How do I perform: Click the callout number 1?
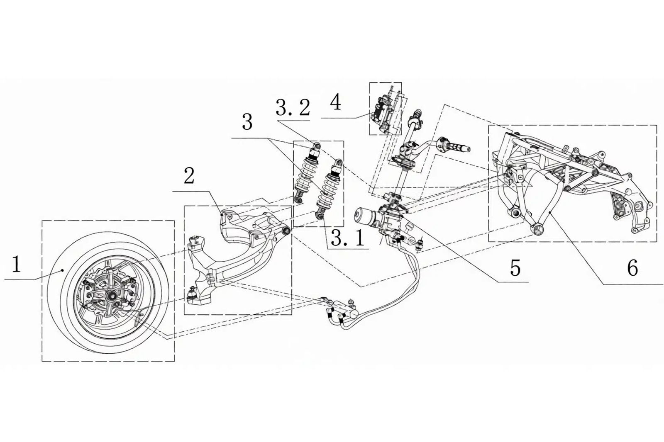(x=16, y=265)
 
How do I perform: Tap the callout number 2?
(x=189, y=177)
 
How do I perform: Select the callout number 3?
(x=247, y=123)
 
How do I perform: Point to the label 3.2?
(x=293, y=108)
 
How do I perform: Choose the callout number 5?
(x=515, y=268)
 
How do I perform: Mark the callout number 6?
(x=632, y=268)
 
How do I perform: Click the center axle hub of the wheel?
(x=112, y=295)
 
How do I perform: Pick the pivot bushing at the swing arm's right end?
(x=286, y=231)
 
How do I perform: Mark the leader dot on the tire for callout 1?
(x=63, y=270)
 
